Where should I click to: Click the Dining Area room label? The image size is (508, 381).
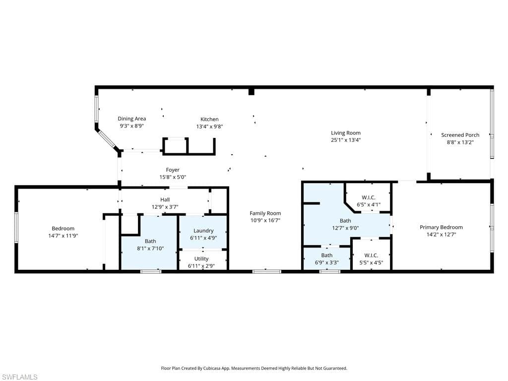coord(131,119)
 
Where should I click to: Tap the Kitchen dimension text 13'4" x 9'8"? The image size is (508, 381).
coord(209,127)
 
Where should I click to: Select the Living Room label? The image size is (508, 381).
coord(346,132)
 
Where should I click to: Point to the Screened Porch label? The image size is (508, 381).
coord(460,135)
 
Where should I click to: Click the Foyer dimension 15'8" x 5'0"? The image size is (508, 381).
coord(173,177)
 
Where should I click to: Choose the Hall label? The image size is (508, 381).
coord(165,199)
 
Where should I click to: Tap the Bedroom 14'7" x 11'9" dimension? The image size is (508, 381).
coord(63,236)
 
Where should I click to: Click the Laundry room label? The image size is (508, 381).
coord(203,230)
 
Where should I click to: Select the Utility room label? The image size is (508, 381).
coord(201,258)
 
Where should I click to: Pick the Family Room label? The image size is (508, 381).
coord(265,213)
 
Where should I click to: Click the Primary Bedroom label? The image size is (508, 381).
coord(441,227)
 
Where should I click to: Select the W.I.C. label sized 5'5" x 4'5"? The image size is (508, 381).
coord(371,255)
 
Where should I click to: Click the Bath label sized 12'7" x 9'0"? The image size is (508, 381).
coord(345,221)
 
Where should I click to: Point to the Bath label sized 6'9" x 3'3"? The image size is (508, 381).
coord(326,255)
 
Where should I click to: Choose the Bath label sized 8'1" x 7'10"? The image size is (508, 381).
coord(150,241)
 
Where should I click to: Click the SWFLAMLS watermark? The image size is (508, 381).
coord(20,377)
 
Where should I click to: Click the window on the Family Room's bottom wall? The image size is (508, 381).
coord(267,271)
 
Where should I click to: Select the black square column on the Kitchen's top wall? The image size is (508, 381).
coord(252,91)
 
